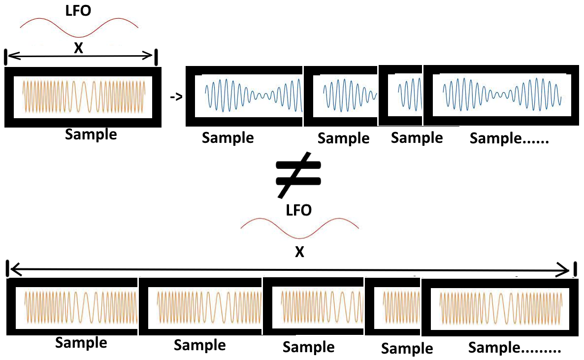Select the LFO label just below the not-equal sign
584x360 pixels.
(x=298, y=210)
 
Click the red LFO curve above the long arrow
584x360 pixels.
(x=299, y=228)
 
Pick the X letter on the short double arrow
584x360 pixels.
(x=78, y=48)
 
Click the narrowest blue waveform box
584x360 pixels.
(x=402, y=93)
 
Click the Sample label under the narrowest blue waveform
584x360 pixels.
(x=417, y=138)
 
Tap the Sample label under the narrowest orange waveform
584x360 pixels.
(x=407, y=349)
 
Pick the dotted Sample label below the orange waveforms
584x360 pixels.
(x=514, y=348)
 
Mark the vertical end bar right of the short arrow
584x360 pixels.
(x=156, y=57)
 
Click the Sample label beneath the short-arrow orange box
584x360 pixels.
(x=91, y=134)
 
